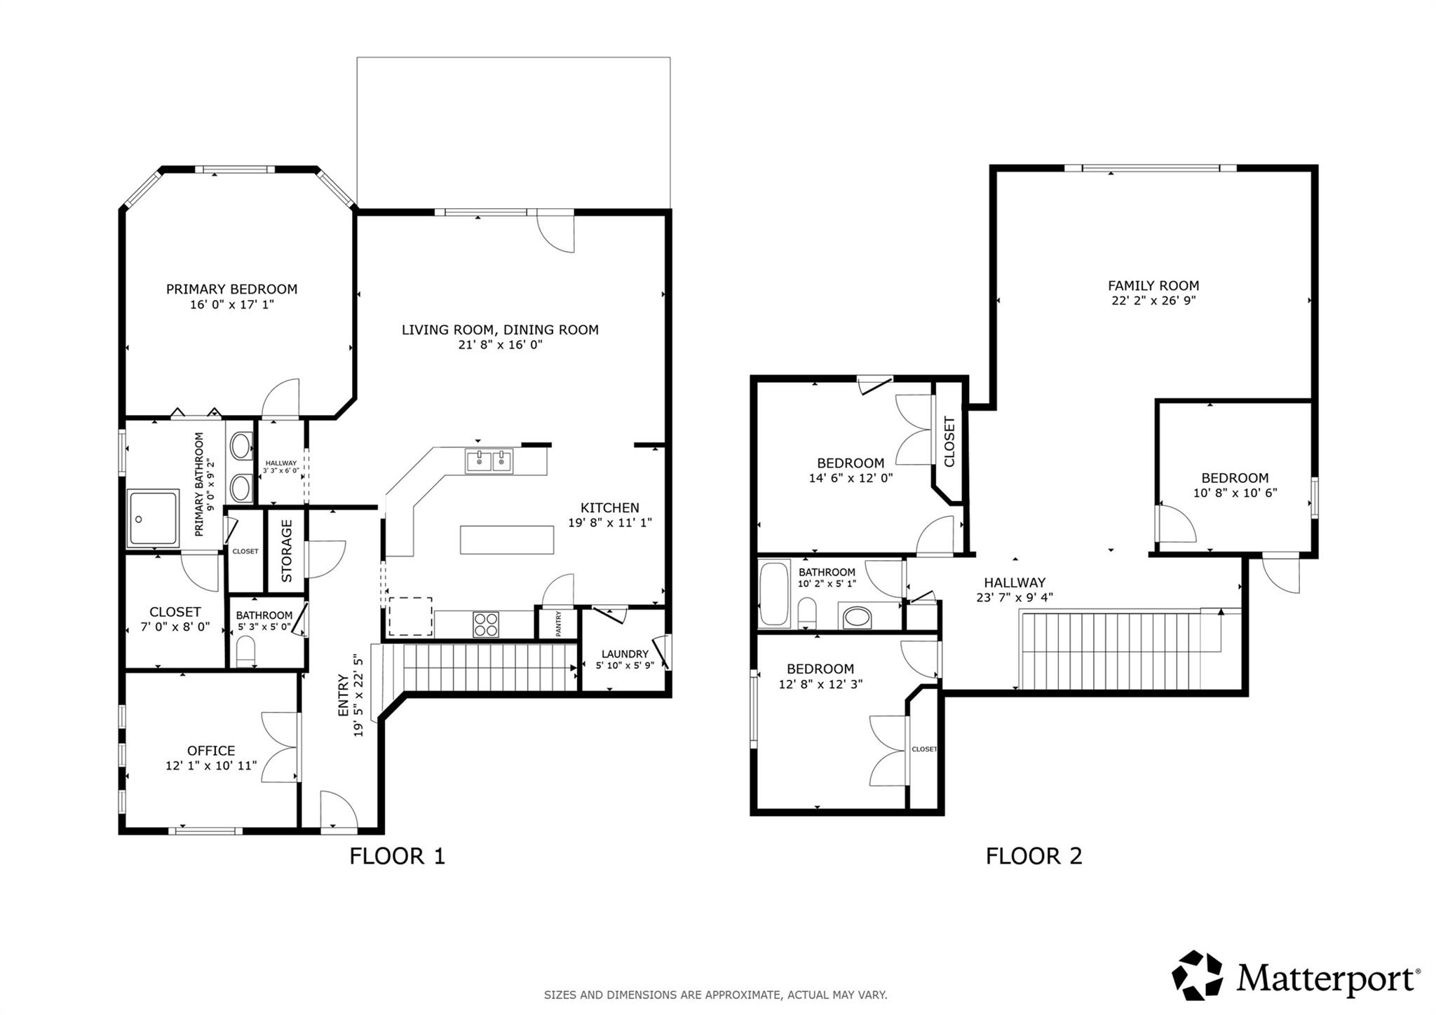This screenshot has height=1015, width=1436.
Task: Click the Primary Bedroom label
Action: (231, 289)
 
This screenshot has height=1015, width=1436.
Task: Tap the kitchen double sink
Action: (489, 461)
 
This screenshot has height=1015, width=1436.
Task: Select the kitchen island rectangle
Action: (506, 540)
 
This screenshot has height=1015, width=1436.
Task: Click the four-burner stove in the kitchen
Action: (485, 624)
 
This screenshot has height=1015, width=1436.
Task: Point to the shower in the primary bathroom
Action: (153, 519)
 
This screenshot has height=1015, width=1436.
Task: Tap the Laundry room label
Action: (624, 653)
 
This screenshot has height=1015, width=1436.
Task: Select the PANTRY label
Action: (559, 623)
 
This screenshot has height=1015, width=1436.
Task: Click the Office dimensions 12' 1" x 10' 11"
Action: (211, 765)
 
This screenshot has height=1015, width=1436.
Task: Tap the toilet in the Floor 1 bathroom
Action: (246, 650)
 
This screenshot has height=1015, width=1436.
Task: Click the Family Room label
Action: (1153, 285)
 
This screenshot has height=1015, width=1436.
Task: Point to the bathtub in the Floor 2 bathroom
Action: (774, 593)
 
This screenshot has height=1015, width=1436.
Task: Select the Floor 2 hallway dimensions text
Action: (1014, 598)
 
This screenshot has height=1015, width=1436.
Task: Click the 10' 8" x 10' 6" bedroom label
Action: (1235, 493)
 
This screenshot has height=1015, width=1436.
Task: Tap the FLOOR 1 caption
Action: (397, 856)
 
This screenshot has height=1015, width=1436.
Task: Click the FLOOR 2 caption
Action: (1034, 856)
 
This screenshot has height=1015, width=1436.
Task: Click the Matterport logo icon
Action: (1197, 975)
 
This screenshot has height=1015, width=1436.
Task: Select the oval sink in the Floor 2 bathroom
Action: (857, 618)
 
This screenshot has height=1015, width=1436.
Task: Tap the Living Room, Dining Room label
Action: (500, 329)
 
